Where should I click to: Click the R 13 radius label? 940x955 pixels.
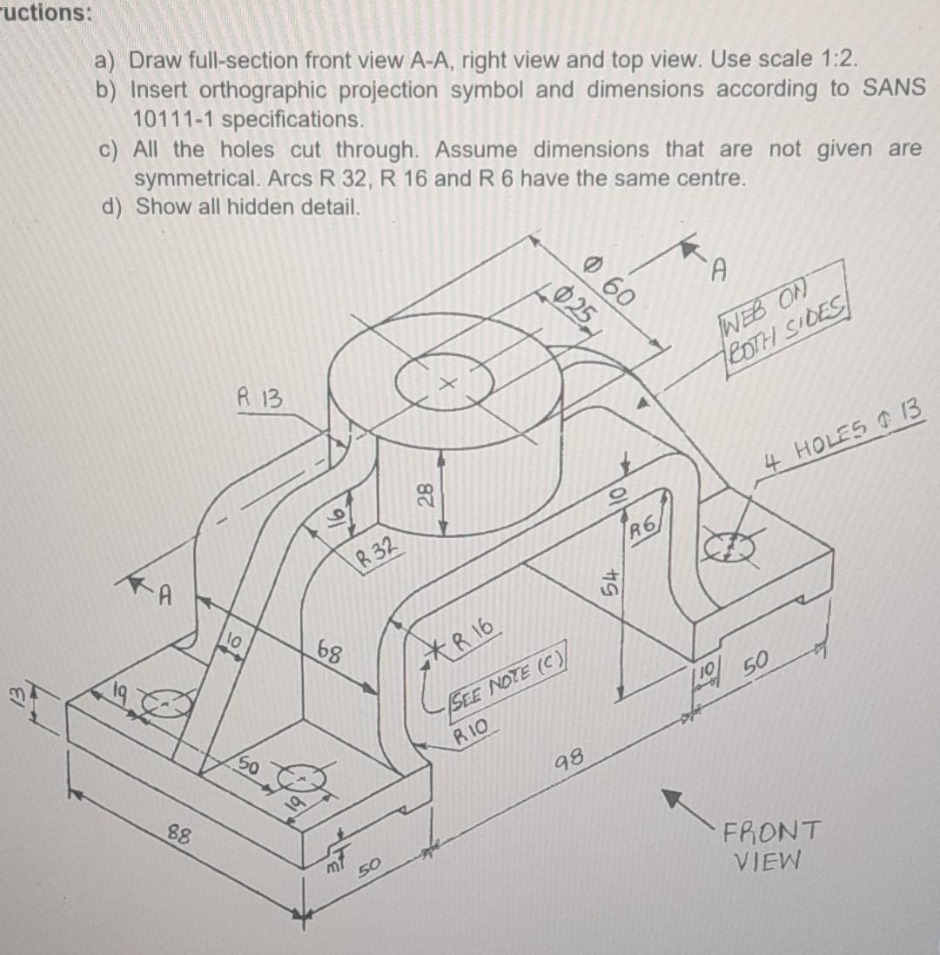coord(259,400)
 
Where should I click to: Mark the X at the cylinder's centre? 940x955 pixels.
coord(447,382)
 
